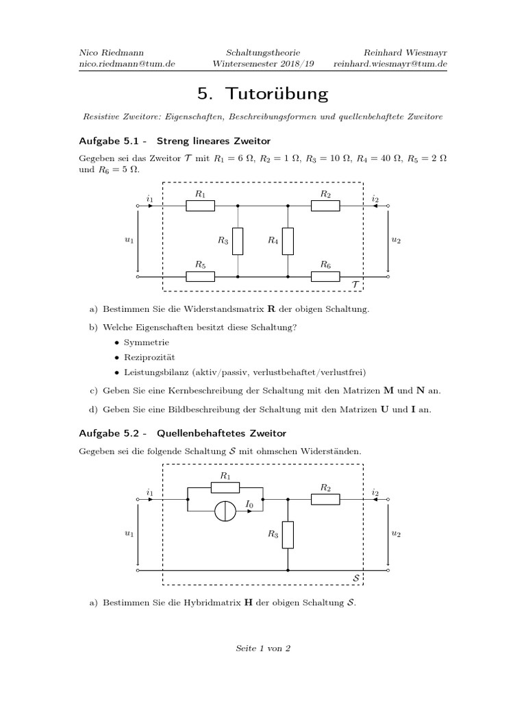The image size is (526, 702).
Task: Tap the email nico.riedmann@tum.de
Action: click(x=126, y=64)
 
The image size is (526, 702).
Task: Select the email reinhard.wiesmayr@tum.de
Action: click(x=390, y=64)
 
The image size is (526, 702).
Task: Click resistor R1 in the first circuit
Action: click(x=201, y=206)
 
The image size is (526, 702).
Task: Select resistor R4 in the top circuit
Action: click(x=288, y=241)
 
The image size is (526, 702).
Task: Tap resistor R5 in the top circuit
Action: click(x=201, y=276)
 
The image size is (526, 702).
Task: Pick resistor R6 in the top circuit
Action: click(x=325, y=276)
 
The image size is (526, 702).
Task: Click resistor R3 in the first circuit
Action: click(x=238, y=241)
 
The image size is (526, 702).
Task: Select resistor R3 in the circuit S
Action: click(x=288, y=535)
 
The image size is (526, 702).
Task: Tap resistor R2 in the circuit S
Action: click(x=325, y=499)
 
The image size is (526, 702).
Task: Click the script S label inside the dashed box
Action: click(x=355, y=579)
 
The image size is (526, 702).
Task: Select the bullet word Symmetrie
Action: click(x=146, y=342)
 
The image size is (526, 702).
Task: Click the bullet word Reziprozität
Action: click(x=149, y=357)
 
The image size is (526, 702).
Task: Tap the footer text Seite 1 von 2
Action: click(x=263, y=648)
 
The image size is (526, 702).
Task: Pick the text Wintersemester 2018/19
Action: click(x=263, y=64)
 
